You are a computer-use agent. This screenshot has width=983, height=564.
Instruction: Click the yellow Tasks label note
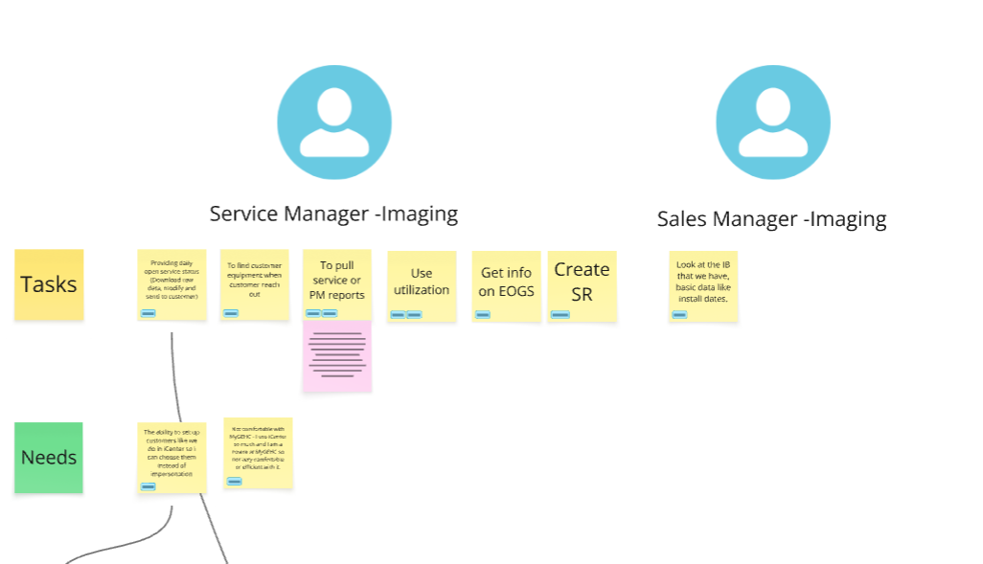[49, 283]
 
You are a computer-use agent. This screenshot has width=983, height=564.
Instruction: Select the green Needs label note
[49, 458]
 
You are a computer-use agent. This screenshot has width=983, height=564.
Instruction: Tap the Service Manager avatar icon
[334, 123]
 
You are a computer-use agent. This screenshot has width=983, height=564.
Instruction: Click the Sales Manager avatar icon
[772, 123]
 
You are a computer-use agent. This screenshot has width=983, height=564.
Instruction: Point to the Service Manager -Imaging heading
[333, 214]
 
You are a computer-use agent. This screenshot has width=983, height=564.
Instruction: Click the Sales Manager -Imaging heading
[771, 219]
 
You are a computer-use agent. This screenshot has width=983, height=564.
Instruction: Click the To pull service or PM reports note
[337, 282]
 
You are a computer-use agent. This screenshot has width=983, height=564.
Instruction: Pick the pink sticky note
[337, 356]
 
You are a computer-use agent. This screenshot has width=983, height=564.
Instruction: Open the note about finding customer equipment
[255, 282]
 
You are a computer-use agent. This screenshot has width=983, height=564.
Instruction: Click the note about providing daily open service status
[171, 280]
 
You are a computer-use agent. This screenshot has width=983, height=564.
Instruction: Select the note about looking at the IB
[703, 282]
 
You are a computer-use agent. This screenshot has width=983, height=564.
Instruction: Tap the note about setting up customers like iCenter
[171, 454]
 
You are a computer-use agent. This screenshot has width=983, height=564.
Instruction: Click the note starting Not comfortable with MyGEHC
[258, 450]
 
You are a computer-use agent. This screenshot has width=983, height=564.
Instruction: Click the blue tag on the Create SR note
[560, 314]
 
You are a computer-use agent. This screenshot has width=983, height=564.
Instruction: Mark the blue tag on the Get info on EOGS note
[483, 314]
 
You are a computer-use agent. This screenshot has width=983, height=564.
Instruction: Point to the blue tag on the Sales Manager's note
[679, 314]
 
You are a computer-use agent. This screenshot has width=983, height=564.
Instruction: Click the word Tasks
[49, 284]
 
